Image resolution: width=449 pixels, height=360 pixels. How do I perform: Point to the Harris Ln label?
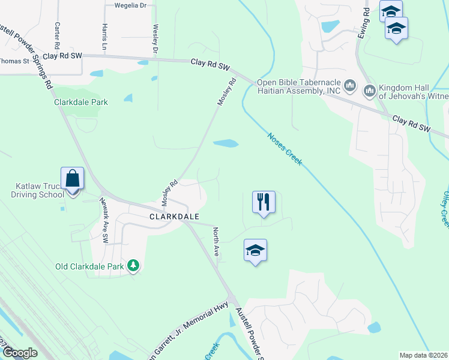[x=105, y=37]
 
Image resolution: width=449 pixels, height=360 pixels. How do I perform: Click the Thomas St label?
[x=14, y=61]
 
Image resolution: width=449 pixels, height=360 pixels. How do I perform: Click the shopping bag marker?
[x=72, y=179]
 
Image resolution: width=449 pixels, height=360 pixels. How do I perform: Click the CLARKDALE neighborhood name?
[x=174, y=216]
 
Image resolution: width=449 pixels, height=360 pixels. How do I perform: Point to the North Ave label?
[x=215, y=241]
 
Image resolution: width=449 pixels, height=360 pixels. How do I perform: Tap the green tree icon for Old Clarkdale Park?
[x=133, y=265]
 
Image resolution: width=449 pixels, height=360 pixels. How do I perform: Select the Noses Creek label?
[x=284, y=149]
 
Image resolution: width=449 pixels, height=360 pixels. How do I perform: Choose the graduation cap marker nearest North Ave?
[x=255, y=250]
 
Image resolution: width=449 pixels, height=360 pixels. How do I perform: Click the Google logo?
[x=20, y=353]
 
